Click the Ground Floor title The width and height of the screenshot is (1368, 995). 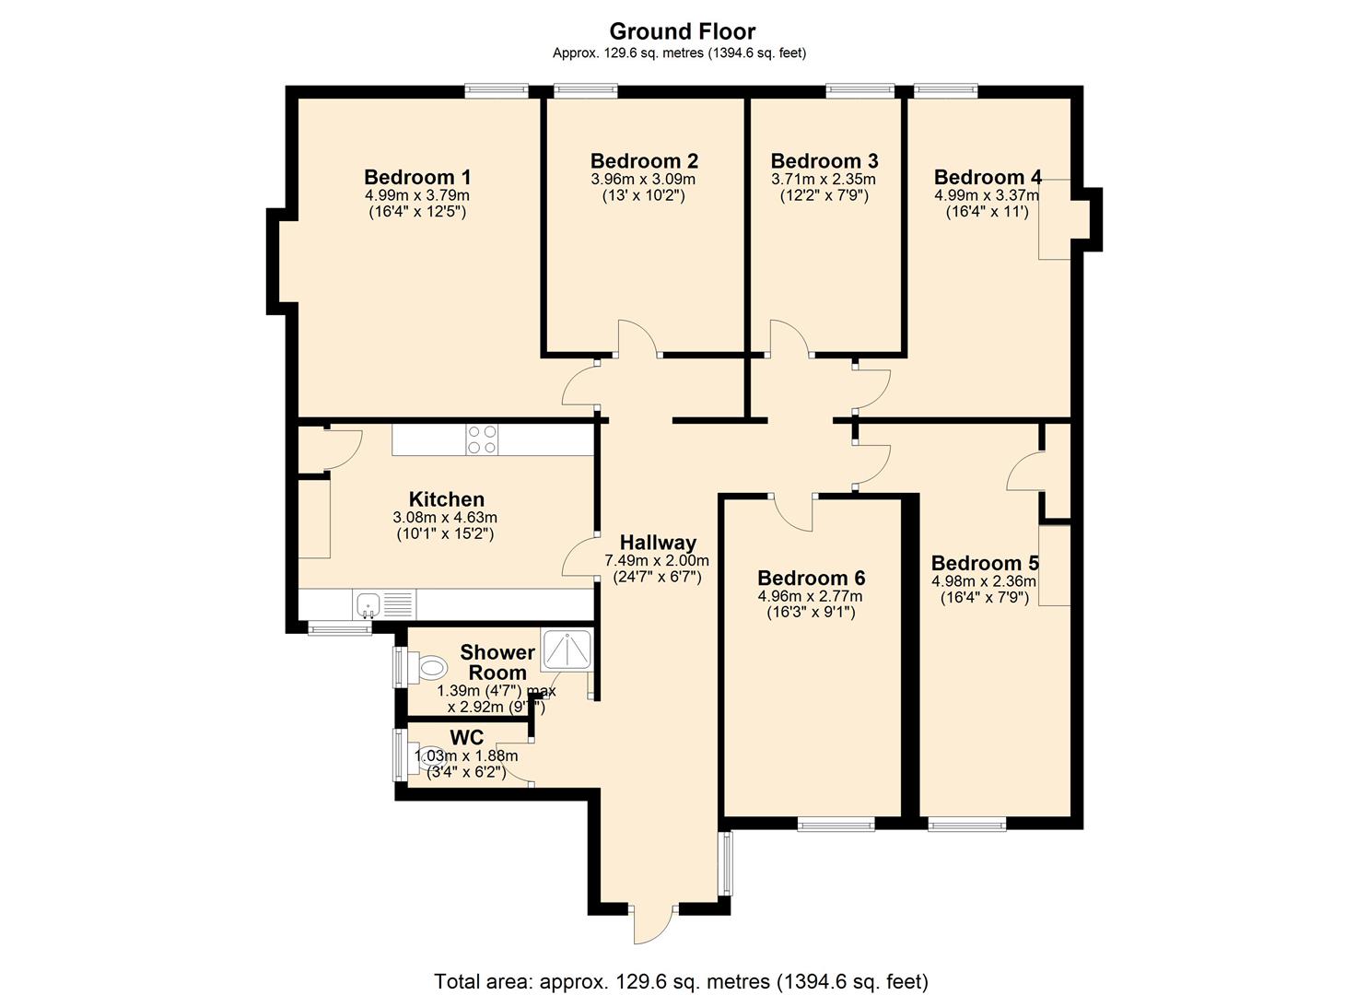[683, 31]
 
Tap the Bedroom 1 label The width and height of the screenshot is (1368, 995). [417, 177]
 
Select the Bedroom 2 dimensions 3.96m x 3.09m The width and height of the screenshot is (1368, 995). [643, 180]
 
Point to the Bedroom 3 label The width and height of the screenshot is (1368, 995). [824, 160]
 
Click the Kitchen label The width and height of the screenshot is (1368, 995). [447, 499]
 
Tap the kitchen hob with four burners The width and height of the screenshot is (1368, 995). [482, 439]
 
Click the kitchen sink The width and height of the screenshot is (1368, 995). [368, 604]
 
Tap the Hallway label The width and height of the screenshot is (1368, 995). [658, 543]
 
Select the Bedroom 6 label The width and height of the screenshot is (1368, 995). [811, 578]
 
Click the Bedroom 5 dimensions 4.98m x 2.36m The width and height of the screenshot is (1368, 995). [983, 580]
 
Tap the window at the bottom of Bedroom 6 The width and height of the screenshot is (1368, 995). [836, 826]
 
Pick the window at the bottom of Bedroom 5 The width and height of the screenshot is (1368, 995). [966, 826]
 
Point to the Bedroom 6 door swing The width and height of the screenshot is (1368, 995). [793, 513]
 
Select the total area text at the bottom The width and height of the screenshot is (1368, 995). [681, 981]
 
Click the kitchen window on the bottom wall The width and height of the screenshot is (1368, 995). [340, 628]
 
